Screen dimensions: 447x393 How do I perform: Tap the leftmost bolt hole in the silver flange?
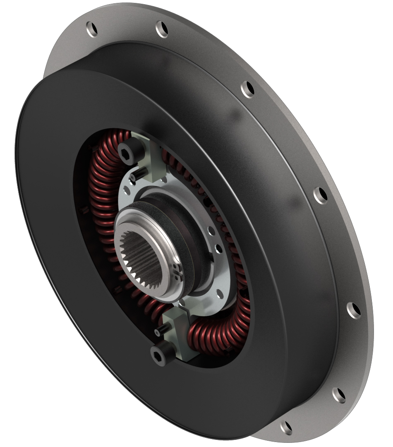click(x=92, y=29)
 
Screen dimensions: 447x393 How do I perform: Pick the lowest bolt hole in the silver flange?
click(x=285, y=426)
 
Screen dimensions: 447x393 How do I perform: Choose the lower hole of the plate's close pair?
click(x=218, y=248)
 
